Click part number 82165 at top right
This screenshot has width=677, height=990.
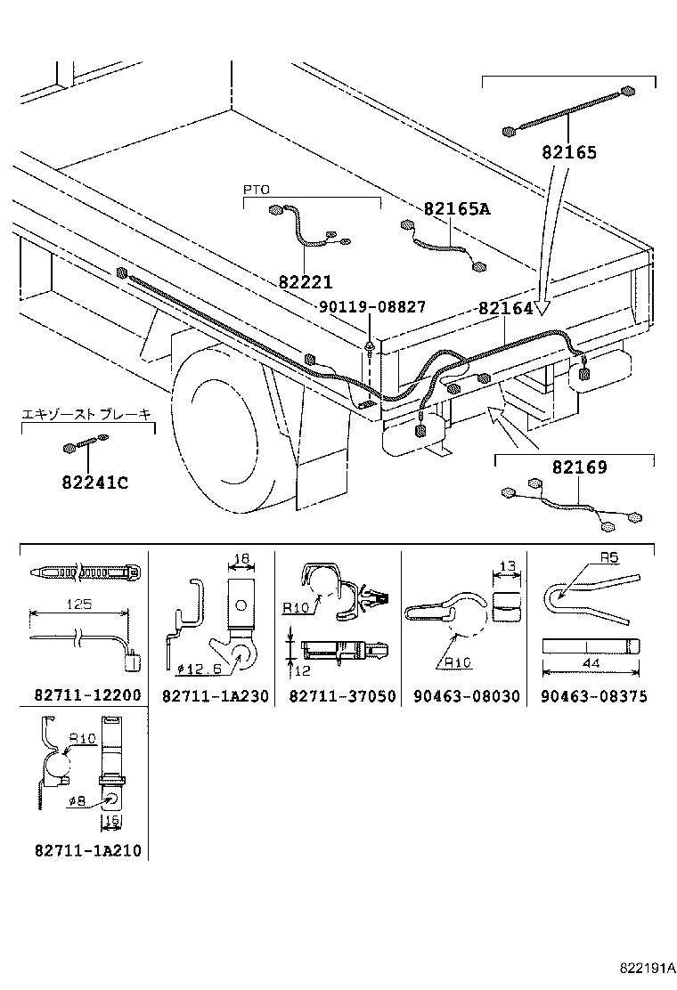click(x=568, y=152)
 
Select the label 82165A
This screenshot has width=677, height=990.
click(x=456, y=209)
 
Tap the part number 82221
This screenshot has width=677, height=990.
click(x=305, y=282)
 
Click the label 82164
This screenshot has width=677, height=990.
click(x=505, y=308)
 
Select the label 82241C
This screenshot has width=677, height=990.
click(x=94, y=483)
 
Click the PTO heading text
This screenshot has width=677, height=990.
click(x=256, y=190)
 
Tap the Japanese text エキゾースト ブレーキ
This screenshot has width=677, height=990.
click(x=86, y=414)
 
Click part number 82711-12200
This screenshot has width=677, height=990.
click(x=86, y=695)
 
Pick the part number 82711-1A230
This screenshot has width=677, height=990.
click(x=215, y=695)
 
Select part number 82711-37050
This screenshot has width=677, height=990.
click(x=341, y=695)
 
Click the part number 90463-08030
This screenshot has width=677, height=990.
click(x=466, y=695)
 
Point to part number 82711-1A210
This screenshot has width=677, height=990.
click(x=86, y=851)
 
